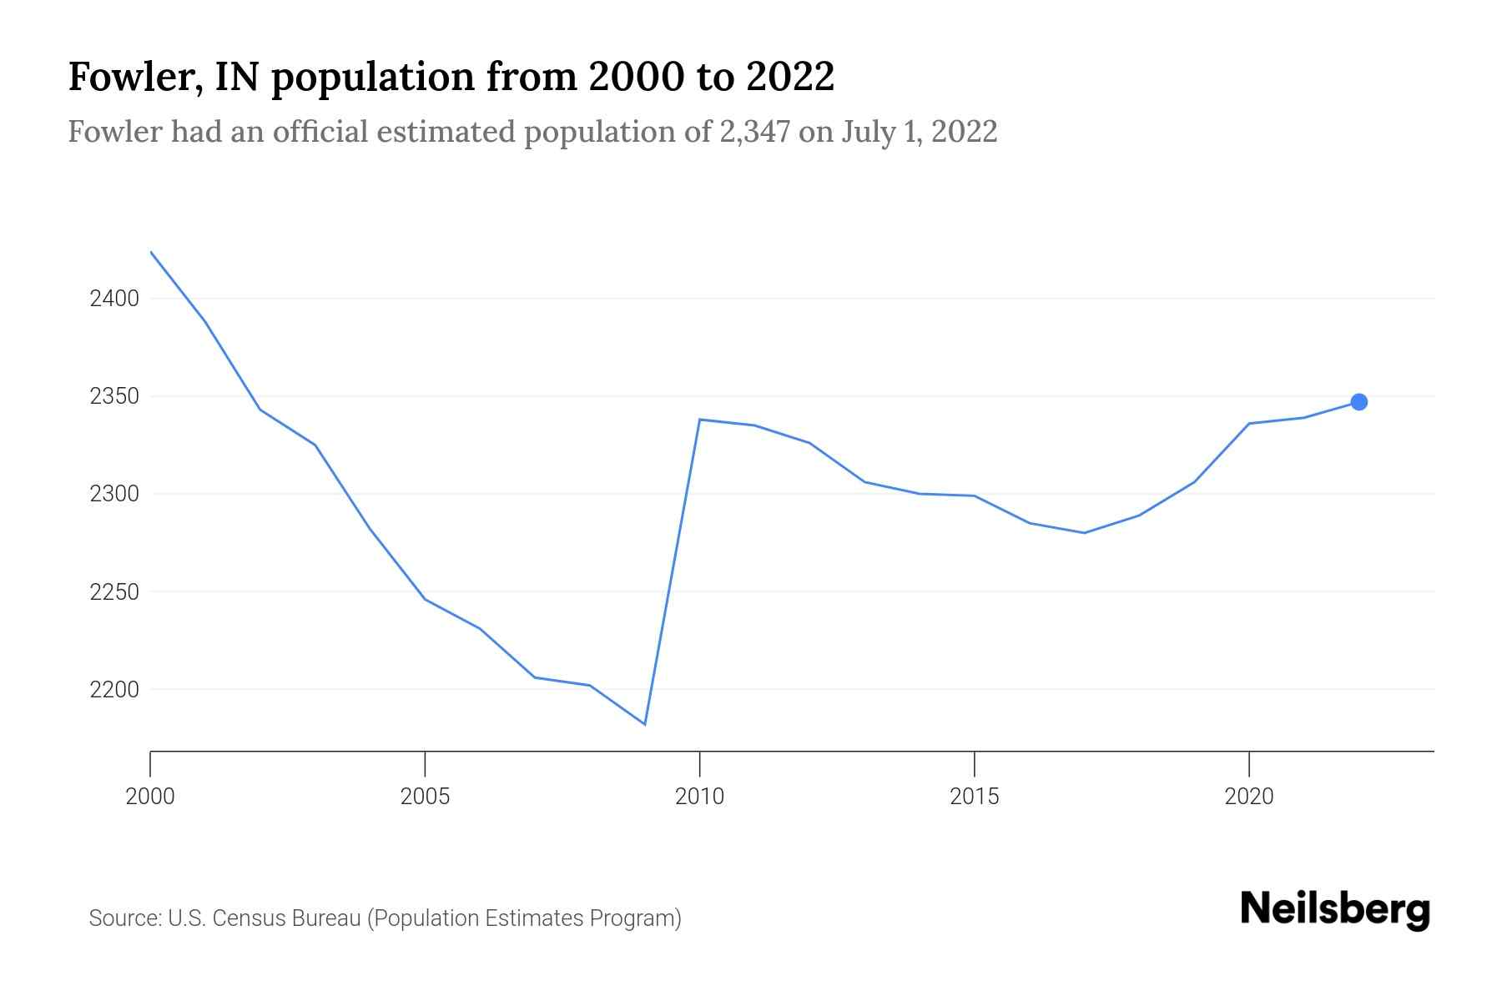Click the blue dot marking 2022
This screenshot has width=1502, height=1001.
[1358, 402]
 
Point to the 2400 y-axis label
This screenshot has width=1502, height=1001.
[114, 299]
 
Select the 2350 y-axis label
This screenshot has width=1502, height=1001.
[114, 396]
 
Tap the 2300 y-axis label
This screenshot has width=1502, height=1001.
[114, 494]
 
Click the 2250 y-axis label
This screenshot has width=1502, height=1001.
[114, 592]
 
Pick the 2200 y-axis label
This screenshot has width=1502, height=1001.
[114, 690]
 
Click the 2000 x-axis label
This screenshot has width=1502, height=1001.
[150, 797]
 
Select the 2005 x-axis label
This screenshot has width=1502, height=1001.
[425, 797]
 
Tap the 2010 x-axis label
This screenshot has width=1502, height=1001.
[699, 797]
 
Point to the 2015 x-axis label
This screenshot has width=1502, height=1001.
[974, 797]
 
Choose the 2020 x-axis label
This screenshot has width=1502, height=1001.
[1248, 797]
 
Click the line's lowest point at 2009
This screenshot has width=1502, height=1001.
[644, 724]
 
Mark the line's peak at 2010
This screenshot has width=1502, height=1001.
[699, 420]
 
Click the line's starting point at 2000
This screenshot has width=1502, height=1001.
[151, 252]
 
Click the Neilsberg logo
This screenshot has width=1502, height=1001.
[1335, 909]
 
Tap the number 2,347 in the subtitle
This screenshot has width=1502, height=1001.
[754, 132]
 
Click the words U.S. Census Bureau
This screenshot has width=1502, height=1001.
[265, 918]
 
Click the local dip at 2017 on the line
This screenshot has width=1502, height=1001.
[1084, 533]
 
